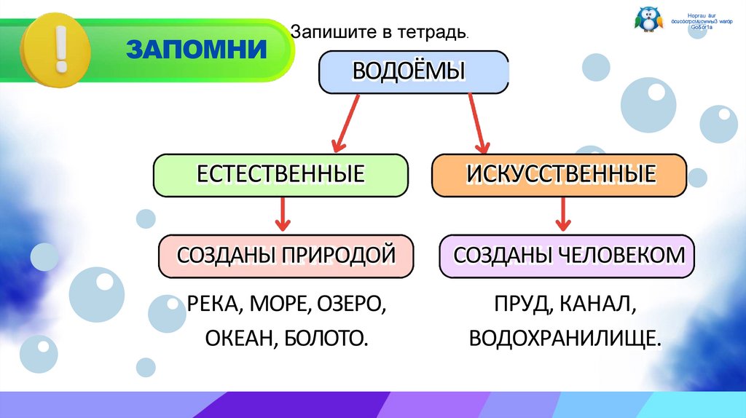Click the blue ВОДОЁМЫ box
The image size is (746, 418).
pyautogui.click(x=413, y=72)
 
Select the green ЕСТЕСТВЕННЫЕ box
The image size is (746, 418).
pyautogui.click(x=280, y=175)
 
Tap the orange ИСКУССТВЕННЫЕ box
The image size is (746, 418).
pyautogui.click(x=559, y=175)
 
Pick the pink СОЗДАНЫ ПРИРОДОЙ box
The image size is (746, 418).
pyautogui.click(x=287, y=256)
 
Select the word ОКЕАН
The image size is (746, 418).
pyautogui.click(x=235, y=338)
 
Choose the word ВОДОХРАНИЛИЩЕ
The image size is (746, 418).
pyautogui.click(x=565, y=338)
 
